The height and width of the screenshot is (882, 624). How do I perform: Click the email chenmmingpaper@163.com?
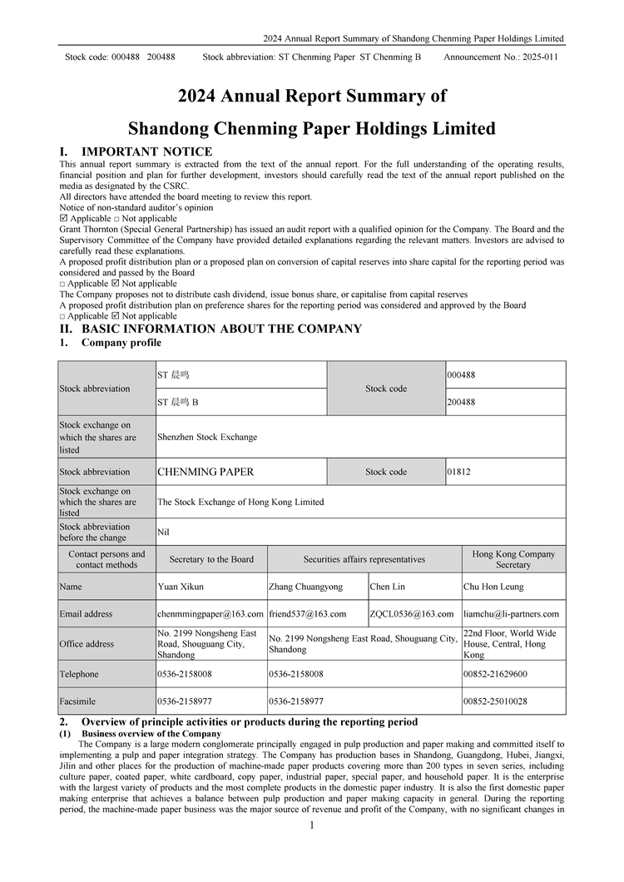click(210, 614)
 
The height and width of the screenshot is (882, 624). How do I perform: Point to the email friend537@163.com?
click(307, 614)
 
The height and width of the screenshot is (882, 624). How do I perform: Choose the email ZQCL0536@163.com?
click(413, 614)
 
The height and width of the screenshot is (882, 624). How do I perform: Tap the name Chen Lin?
click(389, 587)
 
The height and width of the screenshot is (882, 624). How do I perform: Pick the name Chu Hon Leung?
click(494, 587)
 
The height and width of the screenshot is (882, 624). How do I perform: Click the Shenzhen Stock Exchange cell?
click(207, 437)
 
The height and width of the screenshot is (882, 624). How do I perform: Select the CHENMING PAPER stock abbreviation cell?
click(206, 472)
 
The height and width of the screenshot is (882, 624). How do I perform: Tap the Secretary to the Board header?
click(211, 560)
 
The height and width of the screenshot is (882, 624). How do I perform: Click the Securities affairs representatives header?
click(364, 560)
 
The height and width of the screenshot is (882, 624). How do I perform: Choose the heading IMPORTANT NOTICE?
click(146, 151)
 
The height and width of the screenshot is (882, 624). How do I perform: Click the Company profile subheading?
click(121, 343)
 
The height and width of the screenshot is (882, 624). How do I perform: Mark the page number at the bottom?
click(311, 825)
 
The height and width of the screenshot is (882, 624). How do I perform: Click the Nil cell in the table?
click(163, 532)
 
